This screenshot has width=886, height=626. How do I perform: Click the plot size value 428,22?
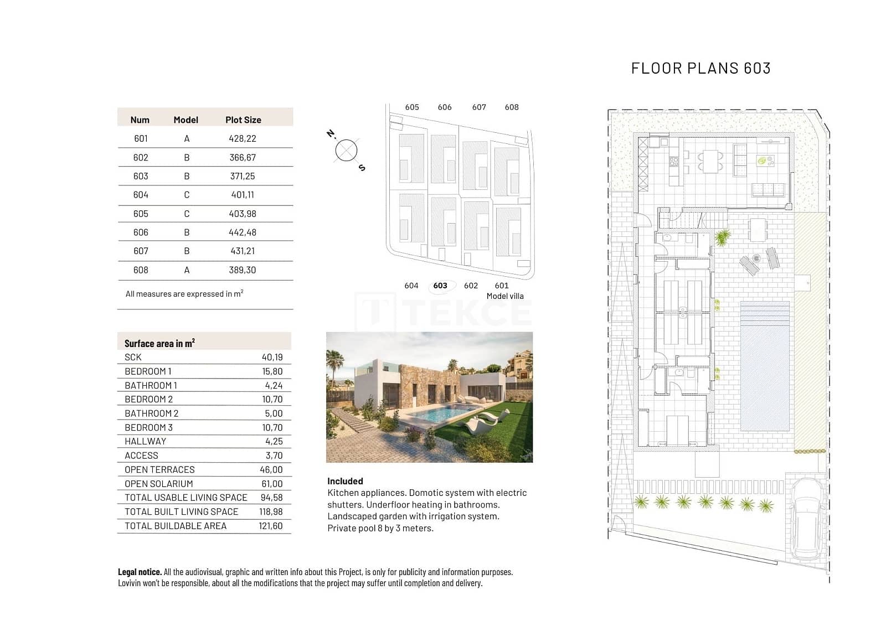click(243, 138)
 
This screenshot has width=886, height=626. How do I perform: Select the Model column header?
click(186, 120)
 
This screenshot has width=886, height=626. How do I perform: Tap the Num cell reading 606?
click(141, 232)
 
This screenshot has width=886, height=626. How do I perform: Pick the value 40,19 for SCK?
click(272, 357)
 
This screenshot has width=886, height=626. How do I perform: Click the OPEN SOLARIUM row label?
click(158, 484)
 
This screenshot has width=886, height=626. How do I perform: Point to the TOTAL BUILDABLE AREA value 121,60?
click(270, 526)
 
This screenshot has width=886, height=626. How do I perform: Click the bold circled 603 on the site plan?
click(440, 286)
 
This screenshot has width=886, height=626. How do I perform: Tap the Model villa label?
click(504, 296)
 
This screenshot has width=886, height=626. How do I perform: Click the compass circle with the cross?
click(346, 151)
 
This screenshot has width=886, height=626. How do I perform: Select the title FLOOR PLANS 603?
click(700, 68)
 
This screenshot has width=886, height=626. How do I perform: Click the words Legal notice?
click(140, 572)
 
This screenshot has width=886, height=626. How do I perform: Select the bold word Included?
click(345, 481)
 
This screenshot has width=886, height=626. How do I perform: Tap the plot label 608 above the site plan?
click(512, 107)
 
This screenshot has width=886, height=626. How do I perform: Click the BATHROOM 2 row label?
click(151, 413)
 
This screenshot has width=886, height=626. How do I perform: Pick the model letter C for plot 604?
click(187, 195)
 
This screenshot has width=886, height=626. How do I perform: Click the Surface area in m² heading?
click(159, 343)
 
